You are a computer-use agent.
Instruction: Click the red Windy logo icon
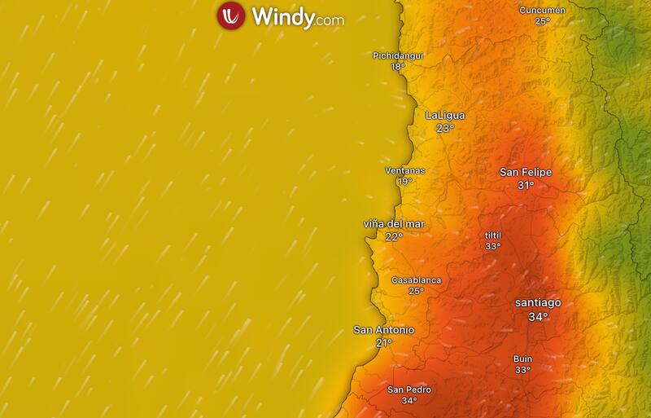click(x=230, y=16)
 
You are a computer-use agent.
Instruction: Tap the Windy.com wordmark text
click(x=298, y=16)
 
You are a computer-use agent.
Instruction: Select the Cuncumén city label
click(x=542, y=10)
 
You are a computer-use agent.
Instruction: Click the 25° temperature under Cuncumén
click(x=542, y=21)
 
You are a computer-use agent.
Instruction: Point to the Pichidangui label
click(x=398, y=55)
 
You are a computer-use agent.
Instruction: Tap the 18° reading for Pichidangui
click(x=398, y=67)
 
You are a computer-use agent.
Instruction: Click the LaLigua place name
click(x=445, y=116)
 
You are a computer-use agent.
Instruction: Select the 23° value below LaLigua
click(x=445, y=129)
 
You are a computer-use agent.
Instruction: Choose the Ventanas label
click(x=404, y=171)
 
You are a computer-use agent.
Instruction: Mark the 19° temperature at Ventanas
click(x=404, y=182)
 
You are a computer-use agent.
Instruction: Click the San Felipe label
click(x=526, y=172)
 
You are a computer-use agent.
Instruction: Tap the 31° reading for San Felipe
click(x=526, y=186)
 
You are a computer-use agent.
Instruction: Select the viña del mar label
click(x=394, y=224)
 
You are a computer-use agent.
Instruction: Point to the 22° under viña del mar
click(x=394, y=237)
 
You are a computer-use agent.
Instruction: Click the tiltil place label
click(x=493, y=235)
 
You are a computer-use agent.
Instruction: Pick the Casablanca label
click(x=416, y=280)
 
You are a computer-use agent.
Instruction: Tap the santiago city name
click(x=538, y=303)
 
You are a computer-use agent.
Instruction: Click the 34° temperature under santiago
click(x=538, y=317)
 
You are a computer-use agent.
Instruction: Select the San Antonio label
click(x=384, y=330)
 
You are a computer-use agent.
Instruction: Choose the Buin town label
click(x=522, y=359)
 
